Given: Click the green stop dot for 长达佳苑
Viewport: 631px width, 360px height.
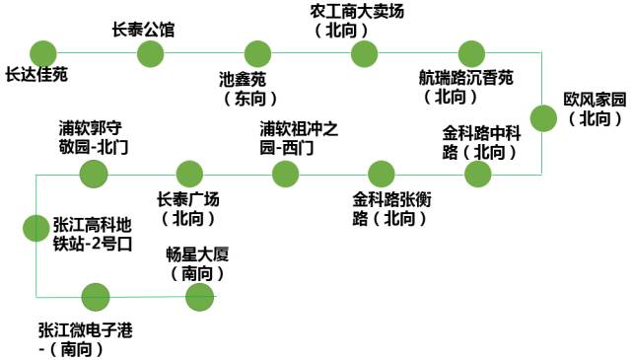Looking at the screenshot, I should (x=43, y=53).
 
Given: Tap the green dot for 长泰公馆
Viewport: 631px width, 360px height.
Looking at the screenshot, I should (x=150, y=53).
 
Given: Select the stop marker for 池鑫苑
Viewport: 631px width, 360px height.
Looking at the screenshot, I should (x=257, y=53).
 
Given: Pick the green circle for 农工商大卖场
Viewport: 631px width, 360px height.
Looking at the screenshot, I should (x=364, y=53).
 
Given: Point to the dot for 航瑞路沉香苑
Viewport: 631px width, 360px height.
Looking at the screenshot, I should (x=468, y=53).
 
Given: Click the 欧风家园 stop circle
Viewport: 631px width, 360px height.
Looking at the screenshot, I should (x=543, y=118).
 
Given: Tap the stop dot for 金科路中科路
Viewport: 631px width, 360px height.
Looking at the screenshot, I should (x=477, y=175).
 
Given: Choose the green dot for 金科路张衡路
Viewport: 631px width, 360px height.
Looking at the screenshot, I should (x=382, y=175).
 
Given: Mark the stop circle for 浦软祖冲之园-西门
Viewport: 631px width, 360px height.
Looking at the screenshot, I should (x=285, y=175).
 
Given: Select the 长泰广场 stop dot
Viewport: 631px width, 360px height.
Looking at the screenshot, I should (x=188, y=175).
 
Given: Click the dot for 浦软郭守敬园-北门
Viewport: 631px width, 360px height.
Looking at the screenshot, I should (x=94, y=175).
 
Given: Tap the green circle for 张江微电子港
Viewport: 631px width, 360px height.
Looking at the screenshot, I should (x=95, y=296).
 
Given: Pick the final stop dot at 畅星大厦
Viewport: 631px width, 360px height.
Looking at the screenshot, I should (x=199, y=296).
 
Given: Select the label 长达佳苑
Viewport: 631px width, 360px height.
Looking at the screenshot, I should (x=37, y=75).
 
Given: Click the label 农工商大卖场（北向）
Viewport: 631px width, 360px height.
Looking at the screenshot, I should (x=357, y=20).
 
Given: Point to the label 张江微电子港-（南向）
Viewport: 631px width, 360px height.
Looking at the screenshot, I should (x=85, y=338).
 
